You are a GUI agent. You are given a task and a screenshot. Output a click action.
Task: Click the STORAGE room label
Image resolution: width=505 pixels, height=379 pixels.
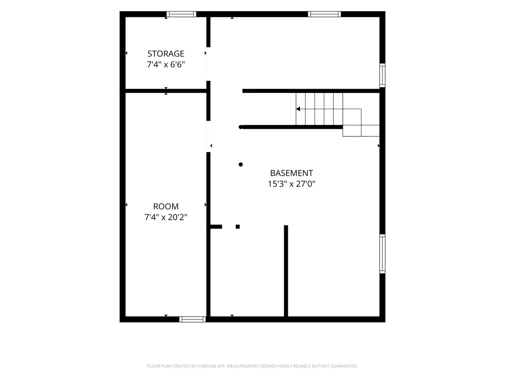tap(166, 54)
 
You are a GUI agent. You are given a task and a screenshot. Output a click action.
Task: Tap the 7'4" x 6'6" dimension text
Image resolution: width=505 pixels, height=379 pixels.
tap(166, 65)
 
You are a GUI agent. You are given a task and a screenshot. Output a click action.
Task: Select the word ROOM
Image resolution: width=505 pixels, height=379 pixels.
tap(166, 206)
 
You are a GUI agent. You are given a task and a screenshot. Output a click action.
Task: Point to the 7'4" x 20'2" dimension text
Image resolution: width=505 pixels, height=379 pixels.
tap(166, 217)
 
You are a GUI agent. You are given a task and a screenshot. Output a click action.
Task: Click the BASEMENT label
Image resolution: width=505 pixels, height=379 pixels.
tap(291, 173)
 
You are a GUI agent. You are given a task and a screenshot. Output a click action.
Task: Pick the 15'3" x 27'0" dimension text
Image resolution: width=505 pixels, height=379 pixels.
tap(291, 184)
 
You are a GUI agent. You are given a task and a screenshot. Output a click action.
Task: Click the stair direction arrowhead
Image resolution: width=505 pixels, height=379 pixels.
tap(298, 109)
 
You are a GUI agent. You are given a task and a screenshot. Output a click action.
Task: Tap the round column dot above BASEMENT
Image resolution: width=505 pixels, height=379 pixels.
tap(240, 164)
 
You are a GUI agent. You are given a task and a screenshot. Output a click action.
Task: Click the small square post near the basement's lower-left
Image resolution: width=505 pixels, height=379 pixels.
tap(238, 226)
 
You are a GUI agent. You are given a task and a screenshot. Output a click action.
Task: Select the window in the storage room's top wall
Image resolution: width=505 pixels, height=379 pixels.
tap(181, 14)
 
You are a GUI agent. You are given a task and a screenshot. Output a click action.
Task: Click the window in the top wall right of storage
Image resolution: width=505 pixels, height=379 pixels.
tap(324, 14)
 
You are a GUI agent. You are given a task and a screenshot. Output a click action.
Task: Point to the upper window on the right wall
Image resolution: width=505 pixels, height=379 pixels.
tap(382, 75)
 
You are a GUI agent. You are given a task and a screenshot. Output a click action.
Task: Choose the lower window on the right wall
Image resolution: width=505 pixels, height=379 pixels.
tap(382, 254)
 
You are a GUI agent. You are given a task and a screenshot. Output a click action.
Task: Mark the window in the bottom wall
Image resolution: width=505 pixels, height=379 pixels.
tap(192, 319)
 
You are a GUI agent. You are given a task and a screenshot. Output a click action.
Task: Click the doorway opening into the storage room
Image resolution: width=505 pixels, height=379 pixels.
tap(209, 64)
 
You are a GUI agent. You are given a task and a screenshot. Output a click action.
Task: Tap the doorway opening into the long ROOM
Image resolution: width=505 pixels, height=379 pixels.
tap(209, 136)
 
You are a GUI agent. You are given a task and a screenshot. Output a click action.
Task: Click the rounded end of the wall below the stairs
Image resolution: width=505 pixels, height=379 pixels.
tap(240, 127)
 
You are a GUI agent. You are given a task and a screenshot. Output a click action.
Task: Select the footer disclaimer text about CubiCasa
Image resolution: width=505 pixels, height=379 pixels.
tap(252, 366)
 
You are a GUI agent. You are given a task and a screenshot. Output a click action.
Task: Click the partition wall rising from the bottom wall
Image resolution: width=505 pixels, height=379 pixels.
tap(286, 271)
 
